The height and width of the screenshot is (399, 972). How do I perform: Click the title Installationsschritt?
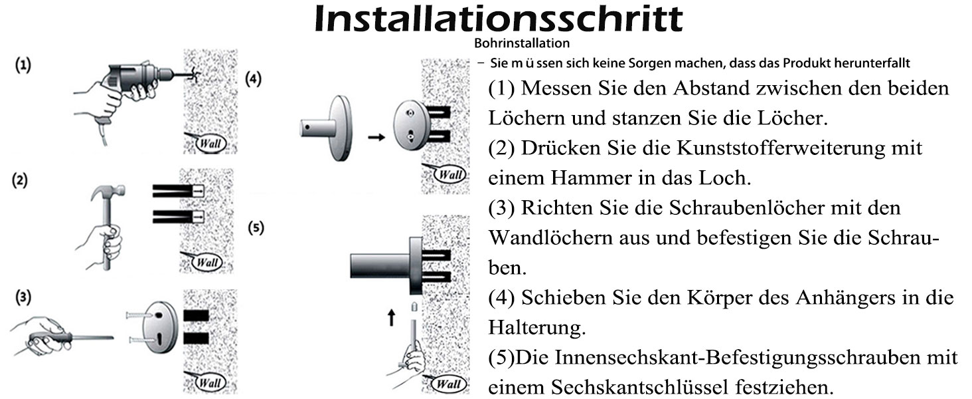click(499, 18)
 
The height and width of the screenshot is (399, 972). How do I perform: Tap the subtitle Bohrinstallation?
click(522, 43)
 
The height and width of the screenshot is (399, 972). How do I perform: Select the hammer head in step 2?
click(108, 192)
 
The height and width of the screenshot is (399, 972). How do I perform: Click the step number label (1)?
click(23, 65)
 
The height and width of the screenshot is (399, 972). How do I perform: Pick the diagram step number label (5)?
click(256, 227)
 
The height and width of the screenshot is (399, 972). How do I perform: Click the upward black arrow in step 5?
click(392, 317)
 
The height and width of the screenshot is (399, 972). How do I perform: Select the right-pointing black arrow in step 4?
click(376, 138)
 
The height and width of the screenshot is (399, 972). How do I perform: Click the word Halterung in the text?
click(537, 327)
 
